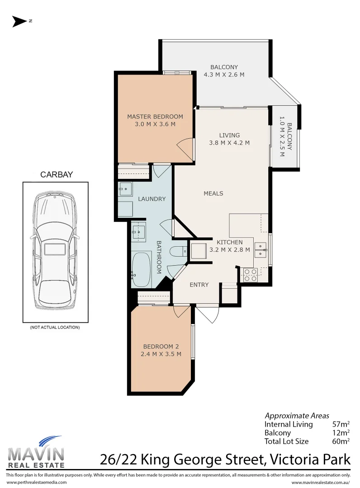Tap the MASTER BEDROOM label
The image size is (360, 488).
(155, 116)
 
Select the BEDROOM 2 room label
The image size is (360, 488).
(161, 347)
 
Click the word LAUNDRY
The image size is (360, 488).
(152, 199)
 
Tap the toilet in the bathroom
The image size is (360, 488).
(178, 251)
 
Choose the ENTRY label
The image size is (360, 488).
(199, 285)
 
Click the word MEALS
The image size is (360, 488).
(213, 193)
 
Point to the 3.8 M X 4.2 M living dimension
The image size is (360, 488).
(229, 143)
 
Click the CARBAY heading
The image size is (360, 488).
(57, 175)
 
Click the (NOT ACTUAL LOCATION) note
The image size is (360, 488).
(55, 327)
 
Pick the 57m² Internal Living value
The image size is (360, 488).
(341, 424)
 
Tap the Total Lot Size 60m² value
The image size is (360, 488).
(341, 441)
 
